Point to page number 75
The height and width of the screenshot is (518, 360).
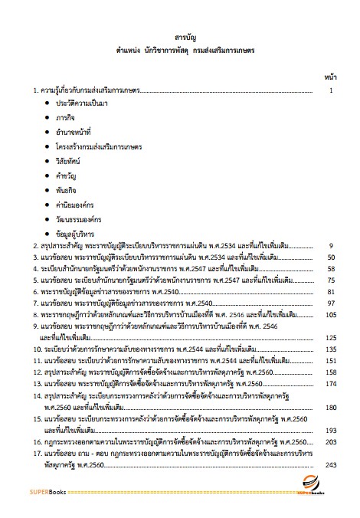(331, 280)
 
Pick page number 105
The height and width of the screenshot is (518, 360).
(330, 315)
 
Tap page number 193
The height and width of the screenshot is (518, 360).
(330, 431)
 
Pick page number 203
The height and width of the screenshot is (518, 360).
(330, 443)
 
